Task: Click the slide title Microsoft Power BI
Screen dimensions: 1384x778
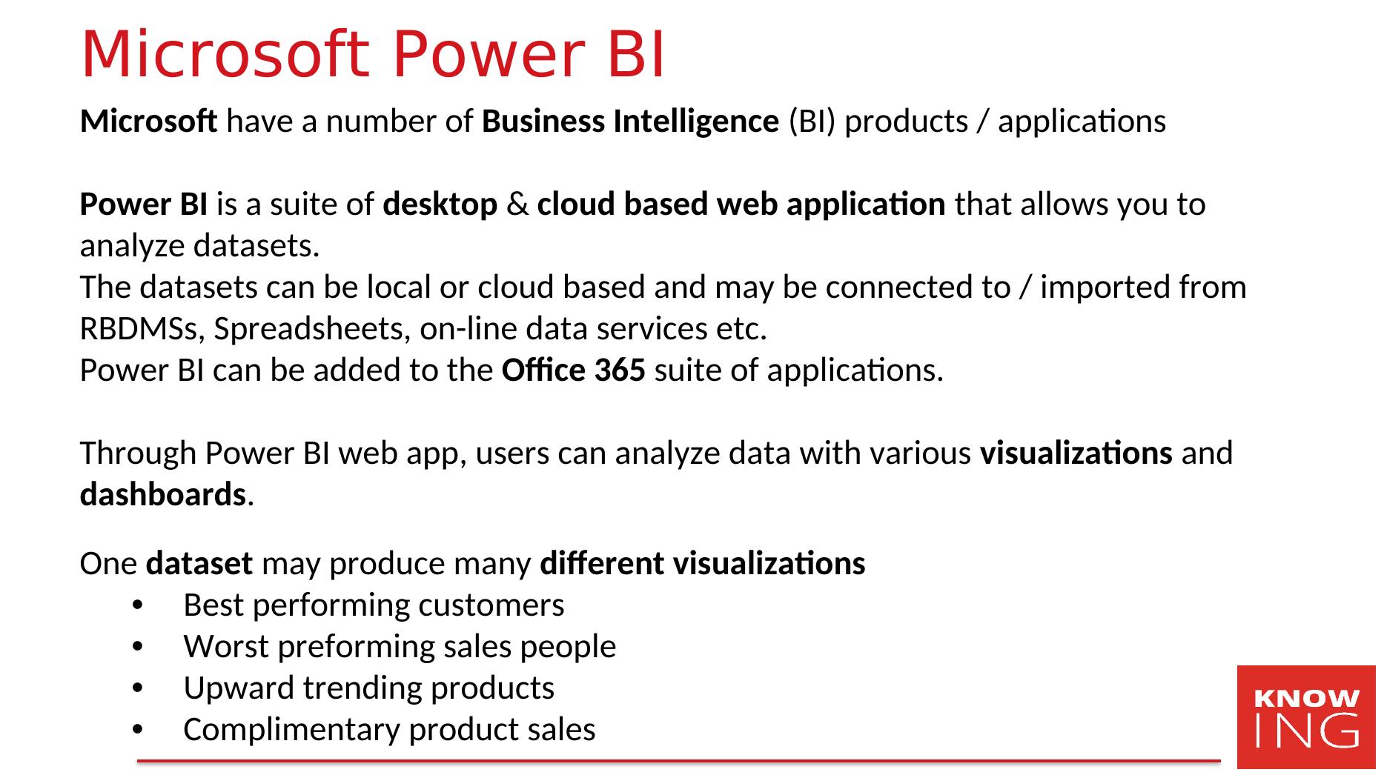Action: [x=373, y=55]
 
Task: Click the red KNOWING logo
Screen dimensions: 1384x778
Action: [x=1306, y=717]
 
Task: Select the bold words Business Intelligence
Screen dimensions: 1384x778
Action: [x=630, y=122]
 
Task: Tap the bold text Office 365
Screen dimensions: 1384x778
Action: [x=574, y=370]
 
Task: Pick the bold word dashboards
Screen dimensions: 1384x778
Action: [x=163, y=494]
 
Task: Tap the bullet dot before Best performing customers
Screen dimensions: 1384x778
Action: [x=137, y=607]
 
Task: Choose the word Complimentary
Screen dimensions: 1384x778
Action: [x=292, y=731]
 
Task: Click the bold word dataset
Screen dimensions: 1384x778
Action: [x=199, y=564]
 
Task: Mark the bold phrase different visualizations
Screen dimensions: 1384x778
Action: [x=703, y=564]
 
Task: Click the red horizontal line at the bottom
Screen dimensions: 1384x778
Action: [x=678, y=761]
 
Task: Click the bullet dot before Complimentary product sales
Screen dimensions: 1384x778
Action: [x=137, y=731]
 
